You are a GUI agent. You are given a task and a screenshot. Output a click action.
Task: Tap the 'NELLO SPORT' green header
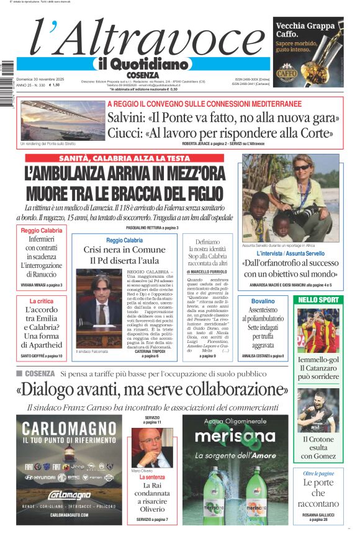point(319,300)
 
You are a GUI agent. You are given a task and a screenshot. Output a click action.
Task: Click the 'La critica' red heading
point(42,301)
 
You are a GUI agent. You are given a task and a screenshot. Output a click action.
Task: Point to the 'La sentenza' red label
point(152,478)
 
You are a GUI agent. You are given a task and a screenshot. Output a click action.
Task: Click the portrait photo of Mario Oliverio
point(151,448)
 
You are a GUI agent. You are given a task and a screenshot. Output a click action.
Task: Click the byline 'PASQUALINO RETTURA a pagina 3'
point(148,228)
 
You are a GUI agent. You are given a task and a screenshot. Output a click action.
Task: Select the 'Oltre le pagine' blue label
point(318,473)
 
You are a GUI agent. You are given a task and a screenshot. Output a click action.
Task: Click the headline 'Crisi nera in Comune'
point(125,250)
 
